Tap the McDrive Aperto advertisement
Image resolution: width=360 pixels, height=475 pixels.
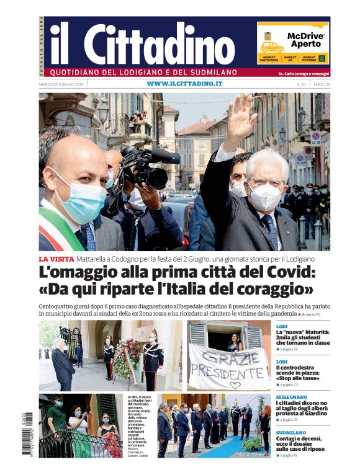pyautogui.click(x=293, y=42)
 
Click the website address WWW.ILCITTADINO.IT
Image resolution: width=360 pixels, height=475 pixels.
pyautogui.click(x=184, y=84)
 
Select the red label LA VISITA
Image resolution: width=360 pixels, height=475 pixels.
pyautogui.click(x=56, y=259)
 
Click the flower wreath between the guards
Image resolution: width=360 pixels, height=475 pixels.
pyautogui.click(x=127, y=360)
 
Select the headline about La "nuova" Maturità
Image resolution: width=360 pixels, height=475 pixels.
pyautogui.click(x=302, y=337)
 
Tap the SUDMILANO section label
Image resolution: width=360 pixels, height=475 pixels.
pyautogui.click(x=291, y=432)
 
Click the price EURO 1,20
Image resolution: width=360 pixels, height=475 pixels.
pyautogui.click(x=322, y=84)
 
